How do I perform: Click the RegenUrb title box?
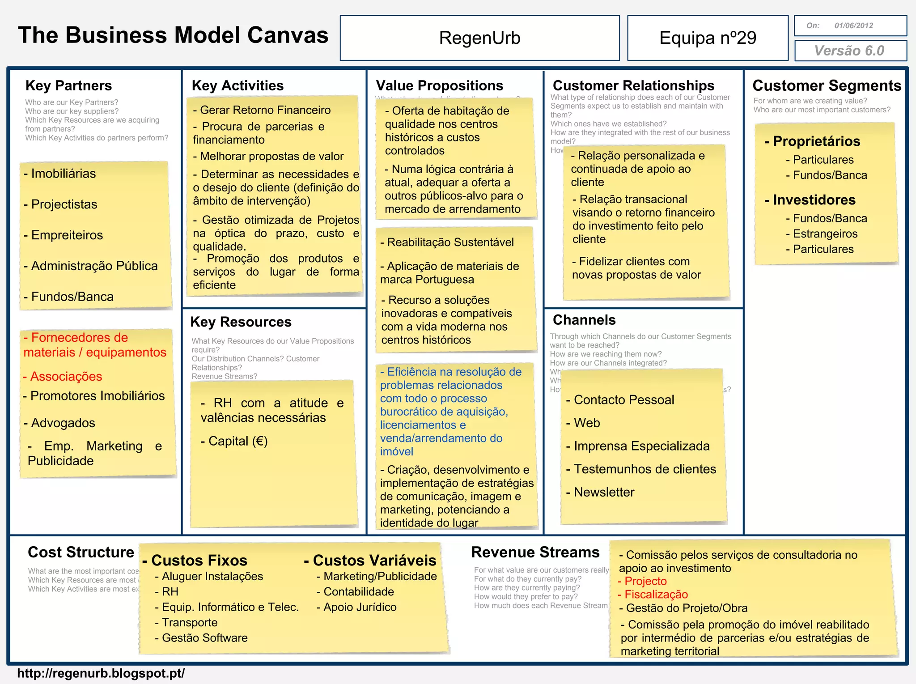(x=479, y=38)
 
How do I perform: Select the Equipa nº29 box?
(x=708, y=38)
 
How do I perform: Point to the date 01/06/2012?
(x=853, y=25)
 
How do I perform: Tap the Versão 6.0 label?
(x=849, y=51)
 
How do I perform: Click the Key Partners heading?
(x=68, y=85)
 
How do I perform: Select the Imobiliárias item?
(x=63, y=174)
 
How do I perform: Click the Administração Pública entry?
(x=94, y=266)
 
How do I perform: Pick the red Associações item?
(x=66, y=376)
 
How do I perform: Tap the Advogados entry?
(x=63, y=423)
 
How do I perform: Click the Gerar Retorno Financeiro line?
(x=265, y=110)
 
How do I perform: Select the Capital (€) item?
(x=237, y=441)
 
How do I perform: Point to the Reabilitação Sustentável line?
(x=450, y=242)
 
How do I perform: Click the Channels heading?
(x=584, y=320)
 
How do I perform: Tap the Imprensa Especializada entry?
(x=641, y=446)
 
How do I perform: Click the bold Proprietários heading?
(x=816, y=141)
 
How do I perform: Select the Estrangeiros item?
(x=825, y=234)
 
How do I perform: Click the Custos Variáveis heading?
(x=374, y=560)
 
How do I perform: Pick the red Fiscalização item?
(x=656, y=595)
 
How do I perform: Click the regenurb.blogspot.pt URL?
(x=101, y=673)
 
